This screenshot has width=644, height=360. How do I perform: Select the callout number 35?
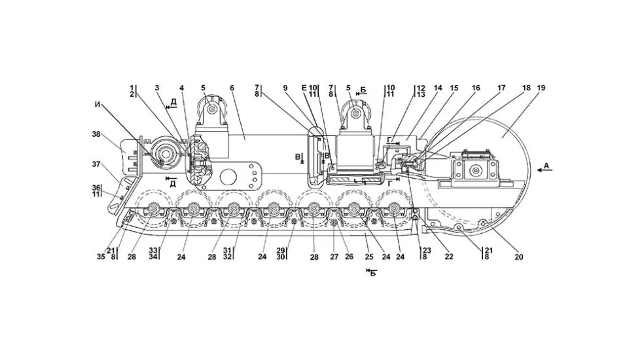pos(101,257)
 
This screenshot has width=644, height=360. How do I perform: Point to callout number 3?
pos(157,88)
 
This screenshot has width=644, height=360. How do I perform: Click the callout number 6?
pos(232,88)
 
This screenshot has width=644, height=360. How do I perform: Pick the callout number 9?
pos(285,88)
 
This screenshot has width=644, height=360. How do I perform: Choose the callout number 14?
pos(438,88)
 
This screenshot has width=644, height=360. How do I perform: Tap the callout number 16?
pos(476,88)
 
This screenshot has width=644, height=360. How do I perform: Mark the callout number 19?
pos(541,88)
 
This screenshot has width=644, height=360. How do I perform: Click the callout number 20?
pos(518,257)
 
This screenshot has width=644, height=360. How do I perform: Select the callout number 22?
pos(448,257)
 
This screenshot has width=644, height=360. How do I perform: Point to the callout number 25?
pos(368,257)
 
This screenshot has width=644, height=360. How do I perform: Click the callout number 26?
pos(349,257)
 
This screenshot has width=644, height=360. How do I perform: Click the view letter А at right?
pos(546,167)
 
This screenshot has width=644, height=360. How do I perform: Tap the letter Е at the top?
pos(304,88)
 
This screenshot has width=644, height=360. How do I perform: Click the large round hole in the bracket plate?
pos(229,177)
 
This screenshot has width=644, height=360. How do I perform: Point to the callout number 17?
pos(501,88)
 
